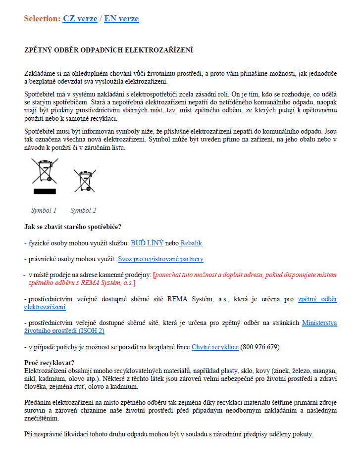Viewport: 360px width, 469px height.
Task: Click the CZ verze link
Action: click(x=80, y=19)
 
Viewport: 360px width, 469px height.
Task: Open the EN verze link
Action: click(x=121, y=19)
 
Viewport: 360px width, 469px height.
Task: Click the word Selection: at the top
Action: click(x=42, y=19)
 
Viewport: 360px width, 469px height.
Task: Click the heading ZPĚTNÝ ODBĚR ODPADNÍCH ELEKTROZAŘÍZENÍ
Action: click(x=108, y=50)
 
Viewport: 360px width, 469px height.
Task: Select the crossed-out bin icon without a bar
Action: click(x=85, y=180)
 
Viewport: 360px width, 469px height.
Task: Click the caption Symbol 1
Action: click(x=44, y=210)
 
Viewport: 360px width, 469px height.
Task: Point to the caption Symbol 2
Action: click(x=83, y=210)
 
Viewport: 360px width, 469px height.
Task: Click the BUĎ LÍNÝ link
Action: click(x=147, y=243)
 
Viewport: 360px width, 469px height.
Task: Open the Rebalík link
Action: click(x=191, y=243)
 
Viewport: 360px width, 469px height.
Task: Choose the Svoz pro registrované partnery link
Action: click(x=160, y=259)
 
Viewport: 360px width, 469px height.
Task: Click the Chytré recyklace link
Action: click(x=215, y=347)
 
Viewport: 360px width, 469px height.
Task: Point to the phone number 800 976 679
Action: click(x=260, y=347)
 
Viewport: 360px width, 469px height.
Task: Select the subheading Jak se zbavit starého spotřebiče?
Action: click(x=73, y=227)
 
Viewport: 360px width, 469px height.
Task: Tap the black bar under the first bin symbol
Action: click(x=45, y=191)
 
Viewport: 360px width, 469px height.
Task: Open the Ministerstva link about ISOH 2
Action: click(x=319, y=323)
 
